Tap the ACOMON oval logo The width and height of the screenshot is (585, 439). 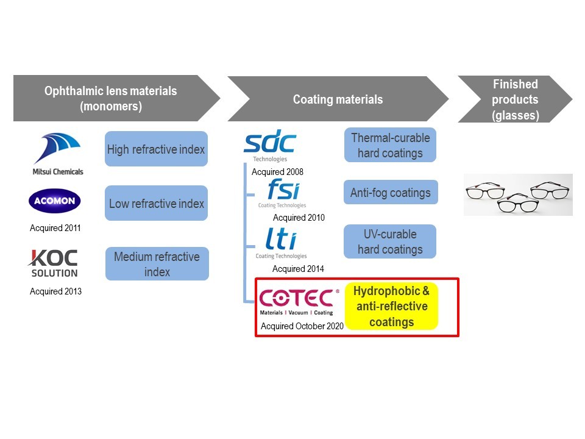tap(55, 201)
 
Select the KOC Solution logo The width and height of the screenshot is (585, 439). tap(54, 262)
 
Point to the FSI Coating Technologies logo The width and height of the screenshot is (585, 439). tap(283, 193)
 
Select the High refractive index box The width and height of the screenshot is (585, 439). tap(156, 149)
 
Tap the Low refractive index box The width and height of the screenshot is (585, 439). tap(156, 203)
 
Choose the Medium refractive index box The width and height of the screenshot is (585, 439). tap(157, 264)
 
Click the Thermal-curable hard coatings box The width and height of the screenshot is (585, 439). tap(390, 145)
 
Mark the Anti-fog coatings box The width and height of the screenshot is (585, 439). tap(390, 193)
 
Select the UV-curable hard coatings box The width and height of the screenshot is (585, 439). tap(390, 241)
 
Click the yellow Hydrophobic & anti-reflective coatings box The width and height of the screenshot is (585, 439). tap(391, 307)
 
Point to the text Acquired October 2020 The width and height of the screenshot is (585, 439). tap(302, 326)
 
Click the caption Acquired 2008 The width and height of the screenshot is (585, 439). tap(277, 172)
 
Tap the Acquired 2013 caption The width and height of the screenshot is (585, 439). tap(55, 291)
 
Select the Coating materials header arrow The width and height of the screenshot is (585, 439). tap(338, 99)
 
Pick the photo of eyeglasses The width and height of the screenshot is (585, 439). tap(518, 195)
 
